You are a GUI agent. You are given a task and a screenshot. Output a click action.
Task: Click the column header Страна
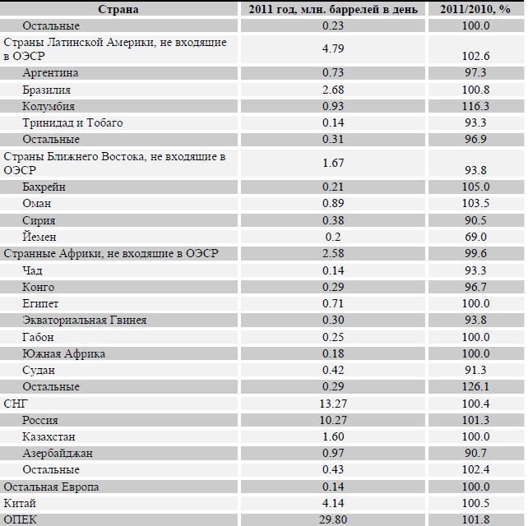118,9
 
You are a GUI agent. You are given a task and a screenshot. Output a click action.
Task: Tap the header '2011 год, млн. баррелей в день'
333,9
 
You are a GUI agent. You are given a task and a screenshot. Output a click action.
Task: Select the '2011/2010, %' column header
475,9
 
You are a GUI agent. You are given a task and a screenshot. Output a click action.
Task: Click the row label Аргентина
50,72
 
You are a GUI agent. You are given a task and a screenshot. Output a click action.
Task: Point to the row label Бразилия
47,90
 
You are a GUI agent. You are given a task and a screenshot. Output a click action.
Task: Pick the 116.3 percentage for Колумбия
475,106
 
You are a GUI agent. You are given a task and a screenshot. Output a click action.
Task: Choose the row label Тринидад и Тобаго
72,122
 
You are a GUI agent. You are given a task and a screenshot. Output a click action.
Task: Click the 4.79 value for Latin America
333,48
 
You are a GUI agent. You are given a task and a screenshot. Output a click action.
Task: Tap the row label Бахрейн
44,187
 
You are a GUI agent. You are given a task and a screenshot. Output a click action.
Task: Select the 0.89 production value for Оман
333,203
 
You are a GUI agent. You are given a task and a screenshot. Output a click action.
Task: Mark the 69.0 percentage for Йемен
475,237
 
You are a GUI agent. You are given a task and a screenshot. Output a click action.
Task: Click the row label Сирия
39,220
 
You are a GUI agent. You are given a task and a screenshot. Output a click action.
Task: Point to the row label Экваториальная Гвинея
85,320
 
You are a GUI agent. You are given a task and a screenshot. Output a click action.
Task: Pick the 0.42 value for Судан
333,370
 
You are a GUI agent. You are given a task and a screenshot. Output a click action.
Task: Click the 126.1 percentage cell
475,386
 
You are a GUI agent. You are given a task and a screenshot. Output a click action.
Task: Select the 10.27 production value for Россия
333,420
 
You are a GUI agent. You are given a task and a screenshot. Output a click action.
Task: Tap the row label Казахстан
49,436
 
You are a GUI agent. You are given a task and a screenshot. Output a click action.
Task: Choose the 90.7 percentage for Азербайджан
475,454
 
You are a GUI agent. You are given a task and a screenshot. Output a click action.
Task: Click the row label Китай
20,504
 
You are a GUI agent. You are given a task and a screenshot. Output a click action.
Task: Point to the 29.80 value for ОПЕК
333,520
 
